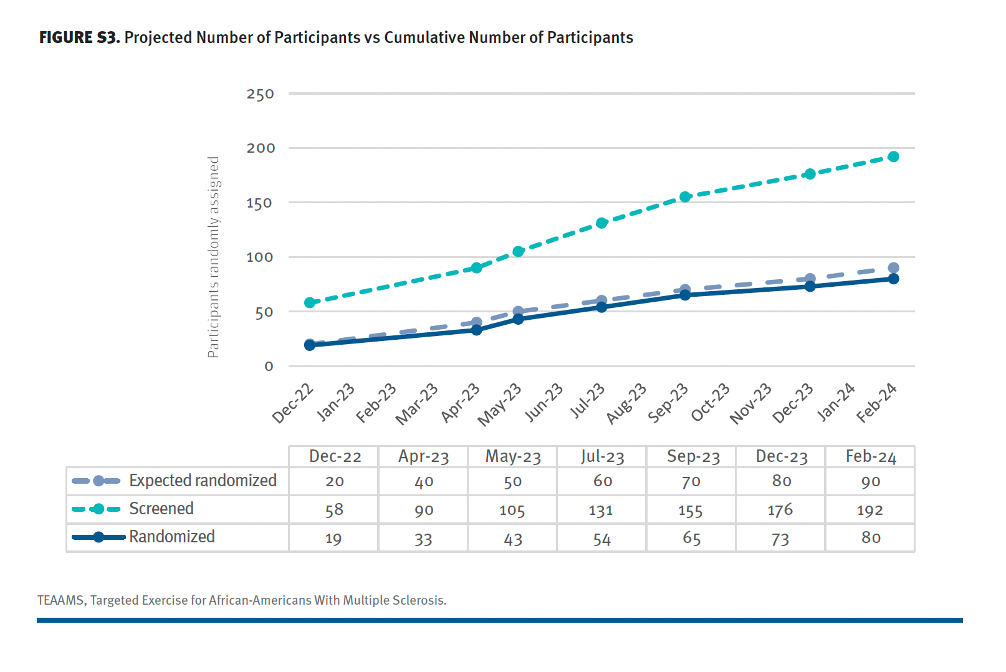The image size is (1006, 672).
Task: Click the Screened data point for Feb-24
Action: [893, 156]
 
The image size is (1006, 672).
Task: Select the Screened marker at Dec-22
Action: [310, 302]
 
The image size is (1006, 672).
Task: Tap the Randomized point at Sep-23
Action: [685, 295]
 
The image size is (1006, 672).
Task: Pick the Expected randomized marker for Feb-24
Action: [893, 268]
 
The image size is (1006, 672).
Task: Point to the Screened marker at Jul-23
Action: [601, 223]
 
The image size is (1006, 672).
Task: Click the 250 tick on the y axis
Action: [260, 95]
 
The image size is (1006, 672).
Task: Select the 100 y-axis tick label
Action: [260, 257]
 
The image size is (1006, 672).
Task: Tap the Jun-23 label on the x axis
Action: [544, 403]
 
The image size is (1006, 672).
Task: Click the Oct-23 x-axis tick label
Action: [711, 403]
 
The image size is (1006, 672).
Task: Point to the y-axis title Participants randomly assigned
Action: [213, 257]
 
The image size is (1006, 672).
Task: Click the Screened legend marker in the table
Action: [98, 509]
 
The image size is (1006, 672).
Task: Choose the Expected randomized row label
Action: [203, 481]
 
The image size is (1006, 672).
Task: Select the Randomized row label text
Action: [171, 537]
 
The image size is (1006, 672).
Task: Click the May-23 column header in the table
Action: [513, 457]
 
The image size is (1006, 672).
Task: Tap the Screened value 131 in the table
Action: [601, 511]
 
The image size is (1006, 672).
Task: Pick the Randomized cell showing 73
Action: [780, 539]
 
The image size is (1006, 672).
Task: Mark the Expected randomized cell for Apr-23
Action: [424, 482]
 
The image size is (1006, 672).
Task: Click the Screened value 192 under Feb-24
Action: [870, 511]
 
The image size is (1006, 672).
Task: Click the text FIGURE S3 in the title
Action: [79, 38]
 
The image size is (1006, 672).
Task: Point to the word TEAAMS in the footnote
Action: [60, 600]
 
